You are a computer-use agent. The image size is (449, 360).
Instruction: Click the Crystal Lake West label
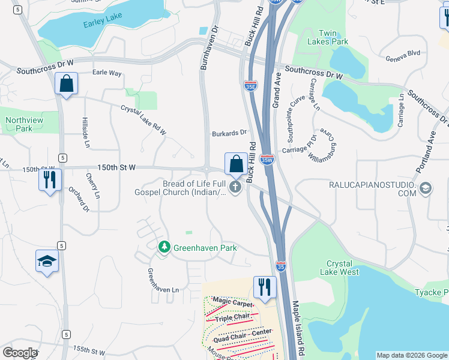[x=342, y=268]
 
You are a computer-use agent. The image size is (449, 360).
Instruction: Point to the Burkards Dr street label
[x=229, y=133]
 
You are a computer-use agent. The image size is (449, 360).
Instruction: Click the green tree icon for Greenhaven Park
[x=163, y=247]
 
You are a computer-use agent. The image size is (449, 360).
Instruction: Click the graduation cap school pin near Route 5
[x=47, y=261]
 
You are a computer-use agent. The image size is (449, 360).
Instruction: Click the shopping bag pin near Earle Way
[x=67, y=83]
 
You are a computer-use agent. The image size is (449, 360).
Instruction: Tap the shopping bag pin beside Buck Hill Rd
[x=237, y=163]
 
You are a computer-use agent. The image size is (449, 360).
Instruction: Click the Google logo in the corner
[x=19, y=353]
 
